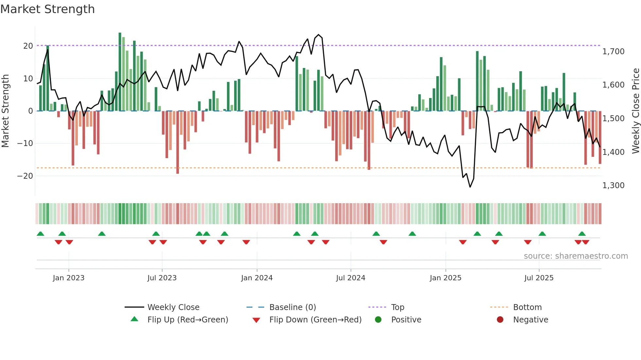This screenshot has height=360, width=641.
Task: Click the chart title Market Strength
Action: tap(47, 9)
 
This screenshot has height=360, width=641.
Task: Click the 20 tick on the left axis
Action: tap(28, 46)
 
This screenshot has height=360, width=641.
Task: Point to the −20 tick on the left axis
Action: tap(25, 176)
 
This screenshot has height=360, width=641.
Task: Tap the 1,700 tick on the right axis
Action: tap(613, 52)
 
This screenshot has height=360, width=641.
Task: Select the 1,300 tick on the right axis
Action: tap(613, 186)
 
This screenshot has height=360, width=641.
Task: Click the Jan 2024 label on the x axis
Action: tap(257, 278)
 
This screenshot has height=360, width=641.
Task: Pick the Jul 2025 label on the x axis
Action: tap(539, 278)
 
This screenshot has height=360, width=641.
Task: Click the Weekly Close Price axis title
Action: tap(635, 111)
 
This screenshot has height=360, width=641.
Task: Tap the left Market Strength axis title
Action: tap(6, 111)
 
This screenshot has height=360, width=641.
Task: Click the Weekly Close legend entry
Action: tap(173, 307)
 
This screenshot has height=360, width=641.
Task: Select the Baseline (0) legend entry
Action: tap(292, 307)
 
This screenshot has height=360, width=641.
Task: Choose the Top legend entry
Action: tap(397, 307)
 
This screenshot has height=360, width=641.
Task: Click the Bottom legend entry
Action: tap(527, 307)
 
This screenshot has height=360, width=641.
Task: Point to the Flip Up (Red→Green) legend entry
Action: tap(187, 320)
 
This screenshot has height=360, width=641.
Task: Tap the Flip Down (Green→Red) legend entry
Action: tap(315, 320)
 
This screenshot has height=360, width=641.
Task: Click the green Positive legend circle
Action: tap(378, 320)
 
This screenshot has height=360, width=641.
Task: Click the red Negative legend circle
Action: tap(500, 320)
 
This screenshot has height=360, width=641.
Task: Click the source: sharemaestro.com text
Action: tap(576, 256)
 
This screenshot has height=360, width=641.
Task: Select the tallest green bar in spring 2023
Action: tap(120, 72)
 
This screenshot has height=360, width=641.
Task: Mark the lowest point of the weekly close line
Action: tap(470, 187)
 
